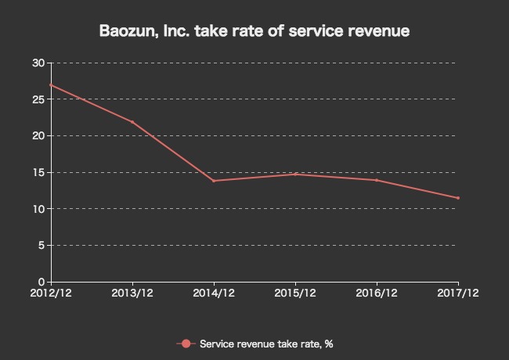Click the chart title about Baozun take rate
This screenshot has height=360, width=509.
[x=254, y=32]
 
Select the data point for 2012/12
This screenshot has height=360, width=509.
[x=51, y=85]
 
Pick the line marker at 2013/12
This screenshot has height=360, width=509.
[x=132, y=122]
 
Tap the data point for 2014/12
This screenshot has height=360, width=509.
[x=214, y=181]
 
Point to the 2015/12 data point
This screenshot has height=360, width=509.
[x=295, y=174]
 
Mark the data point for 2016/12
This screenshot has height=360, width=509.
[x=377, y=180]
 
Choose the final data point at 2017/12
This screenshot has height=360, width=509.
[x=458, y=198]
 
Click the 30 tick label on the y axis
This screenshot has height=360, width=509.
[x=38, y=63]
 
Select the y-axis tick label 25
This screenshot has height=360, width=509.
[x=38, y=99]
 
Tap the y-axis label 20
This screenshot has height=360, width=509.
[x=38, y=135]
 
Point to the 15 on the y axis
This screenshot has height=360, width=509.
[x=38, y=172]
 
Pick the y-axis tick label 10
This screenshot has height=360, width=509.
[x=38, y=209]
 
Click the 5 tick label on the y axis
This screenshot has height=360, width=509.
[x=41, y=245]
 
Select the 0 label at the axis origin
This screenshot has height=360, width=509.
[x=41, y=282]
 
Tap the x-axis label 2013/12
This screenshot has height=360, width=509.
[x=132, y=293]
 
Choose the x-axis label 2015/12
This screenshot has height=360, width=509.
[x=295, y=293]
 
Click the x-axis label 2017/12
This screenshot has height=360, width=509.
[x=458, y=293]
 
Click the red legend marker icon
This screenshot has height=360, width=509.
[x=186, y=344]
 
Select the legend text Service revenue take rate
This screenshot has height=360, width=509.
[x=266, y=344]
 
